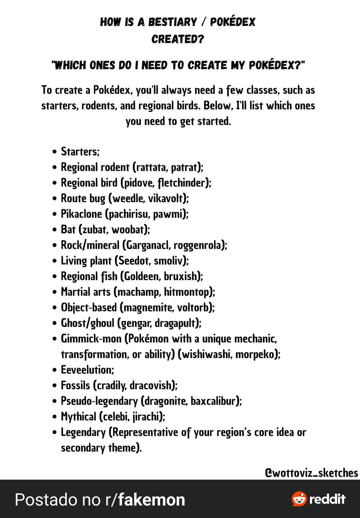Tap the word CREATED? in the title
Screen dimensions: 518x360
point(178,39)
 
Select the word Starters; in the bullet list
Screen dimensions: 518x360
point(80,152)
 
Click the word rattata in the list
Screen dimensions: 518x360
point(152,167)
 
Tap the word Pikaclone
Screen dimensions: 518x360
point(81,214)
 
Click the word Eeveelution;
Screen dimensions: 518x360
point(87,370)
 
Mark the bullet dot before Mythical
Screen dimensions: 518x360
point(55,417)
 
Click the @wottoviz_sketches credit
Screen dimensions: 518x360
point(311,473)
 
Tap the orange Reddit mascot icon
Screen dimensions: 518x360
point(299,499)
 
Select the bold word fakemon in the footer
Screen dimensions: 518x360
point(152,500)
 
